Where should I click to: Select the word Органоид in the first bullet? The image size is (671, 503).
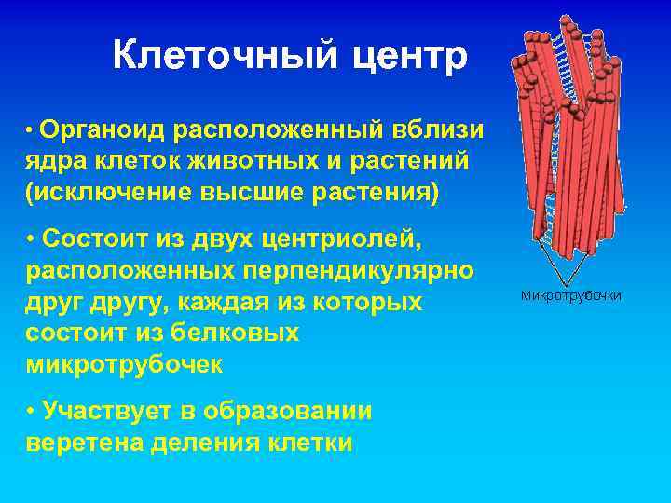[x=103, y=127]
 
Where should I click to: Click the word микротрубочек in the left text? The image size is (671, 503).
[x=125, y=364]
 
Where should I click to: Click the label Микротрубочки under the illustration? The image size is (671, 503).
[x=570, y=296]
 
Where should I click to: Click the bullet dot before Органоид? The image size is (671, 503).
[x=31, y=129]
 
